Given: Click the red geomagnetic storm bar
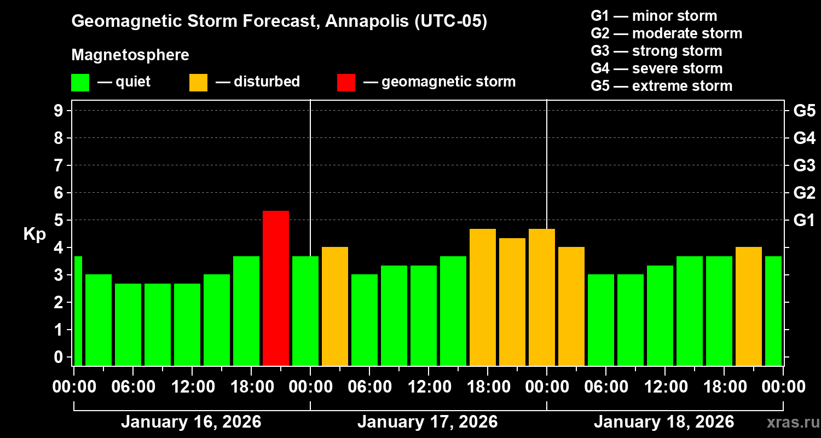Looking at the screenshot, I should pos(276,288).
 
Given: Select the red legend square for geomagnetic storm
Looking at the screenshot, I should pos(346,82).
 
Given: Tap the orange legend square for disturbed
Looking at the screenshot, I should pos(198,82).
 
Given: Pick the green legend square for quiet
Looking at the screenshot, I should pos(80,82).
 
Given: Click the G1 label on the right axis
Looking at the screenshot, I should pos(804,221).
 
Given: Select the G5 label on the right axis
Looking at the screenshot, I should pos(804,111).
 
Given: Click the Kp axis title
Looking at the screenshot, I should pos(34,234).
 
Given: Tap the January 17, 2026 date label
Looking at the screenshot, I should pos(427,422).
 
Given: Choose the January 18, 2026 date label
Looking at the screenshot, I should pos(664,422).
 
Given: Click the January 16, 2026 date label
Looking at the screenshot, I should pos(191,422).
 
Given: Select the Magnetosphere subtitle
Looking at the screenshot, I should pos(130,55).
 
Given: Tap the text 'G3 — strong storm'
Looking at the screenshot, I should pos(656,51).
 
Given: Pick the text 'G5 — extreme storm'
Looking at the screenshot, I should pos(661,86).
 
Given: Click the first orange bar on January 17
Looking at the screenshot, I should pos(335,306).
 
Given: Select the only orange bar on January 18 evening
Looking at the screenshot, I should pos(749,306).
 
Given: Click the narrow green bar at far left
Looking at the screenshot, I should pos(78,310).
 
